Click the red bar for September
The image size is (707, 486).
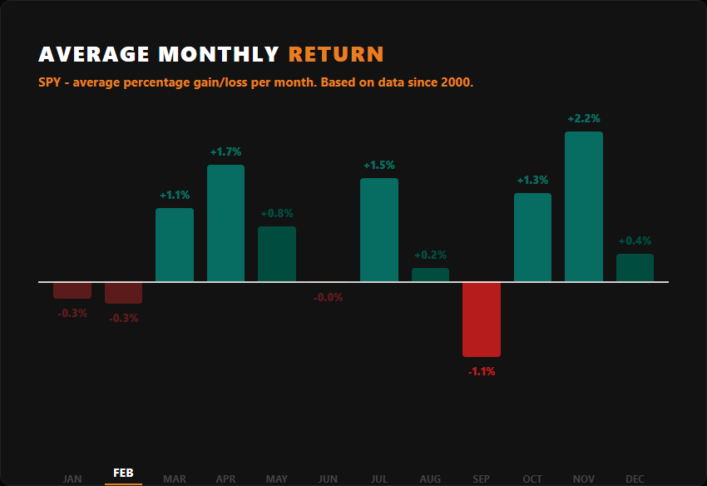click(x=482, y=320)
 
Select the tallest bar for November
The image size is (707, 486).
click(x=584, y=206)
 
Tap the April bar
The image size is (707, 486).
click(x=225, y=223)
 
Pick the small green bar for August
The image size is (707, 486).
click(x=430, y=275)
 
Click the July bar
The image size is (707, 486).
click(x=379, y=230)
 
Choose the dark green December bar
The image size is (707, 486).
click(x=635, y=268)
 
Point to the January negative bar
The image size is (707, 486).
click(x=72, y=290)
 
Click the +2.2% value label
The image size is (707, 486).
click(x=584, y=119)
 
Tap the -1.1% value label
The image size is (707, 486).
click(x=482, y=371)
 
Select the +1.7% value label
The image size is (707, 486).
click(x=225, y=152)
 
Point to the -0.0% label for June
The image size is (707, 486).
click(x=328, y=297)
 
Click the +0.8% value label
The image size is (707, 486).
click(x=277, y=214)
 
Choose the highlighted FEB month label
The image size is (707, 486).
click(x=123, y=474)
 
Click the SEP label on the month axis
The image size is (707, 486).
click(x=482, y=479)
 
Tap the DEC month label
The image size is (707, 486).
click(x=635, y=479)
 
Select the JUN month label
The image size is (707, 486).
click(x=328, y=479)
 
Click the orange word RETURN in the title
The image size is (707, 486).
click(x=336, y=55)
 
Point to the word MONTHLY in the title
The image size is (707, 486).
click(x=219, y=55)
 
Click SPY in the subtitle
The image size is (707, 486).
click(x=49, y=83)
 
